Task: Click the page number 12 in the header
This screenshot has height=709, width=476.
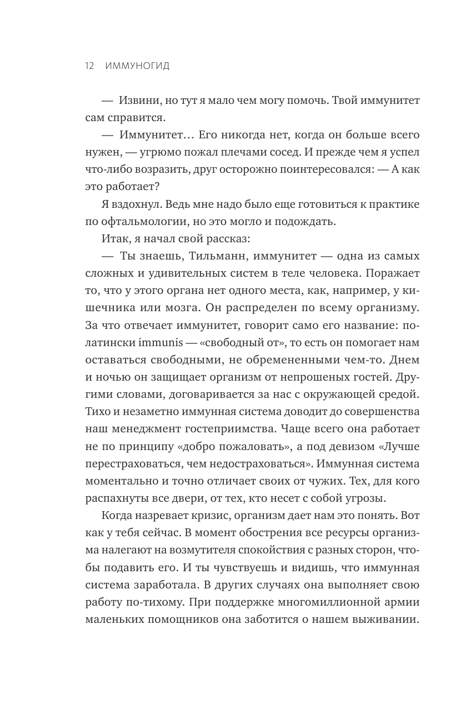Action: point(89,66)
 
